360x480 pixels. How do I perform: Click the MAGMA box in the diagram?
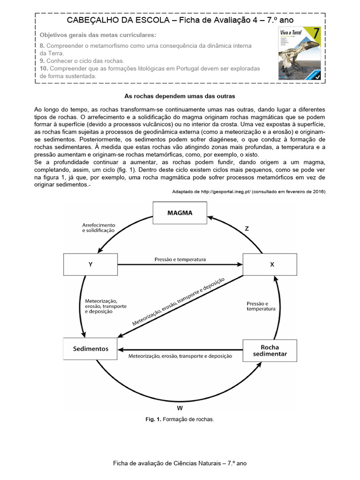[x=180, y=213]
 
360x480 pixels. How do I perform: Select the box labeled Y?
[x=90, y=264]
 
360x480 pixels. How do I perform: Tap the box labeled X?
[x=270, y=264]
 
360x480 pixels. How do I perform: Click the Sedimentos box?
[x=90, y=349]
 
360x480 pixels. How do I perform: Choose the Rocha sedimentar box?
[x=270, y=350]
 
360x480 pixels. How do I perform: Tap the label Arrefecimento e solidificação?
[x=98, y=228]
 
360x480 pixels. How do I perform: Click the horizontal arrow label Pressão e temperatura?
[x=180, y=259]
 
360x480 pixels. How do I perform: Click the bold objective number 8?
[x=42, y=45]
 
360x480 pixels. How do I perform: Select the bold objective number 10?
[x=44, y=68]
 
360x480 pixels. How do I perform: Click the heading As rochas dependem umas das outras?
[x=180, y=96]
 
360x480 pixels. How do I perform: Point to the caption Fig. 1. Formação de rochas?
[x=180, y=419]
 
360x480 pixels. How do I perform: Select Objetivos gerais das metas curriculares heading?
[x=98, y=35]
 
